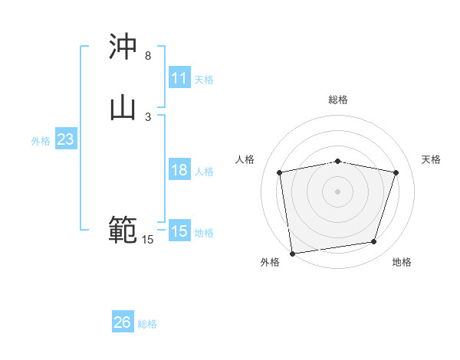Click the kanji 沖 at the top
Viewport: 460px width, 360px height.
(123, 47)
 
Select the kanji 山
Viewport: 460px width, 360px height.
(123, 107)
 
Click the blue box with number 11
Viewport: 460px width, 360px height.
(179, 78)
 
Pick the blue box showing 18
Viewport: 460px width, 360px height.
(179, 170)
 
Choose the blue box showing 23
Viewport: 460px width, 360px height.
(65, 139)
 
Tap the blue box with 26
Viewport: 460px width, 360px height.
(123, 322)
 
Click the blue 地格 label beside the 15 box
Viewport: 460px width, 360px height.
(204, 233)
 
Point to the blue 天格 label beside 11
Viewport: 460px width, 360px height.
(204, 80)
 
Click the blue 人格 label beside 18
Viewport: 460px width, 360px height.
(204, 172)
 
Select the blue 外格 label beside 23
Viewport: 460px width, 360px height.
(41, 141)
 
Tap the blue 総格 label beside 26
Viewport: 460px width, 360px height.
(147, 324)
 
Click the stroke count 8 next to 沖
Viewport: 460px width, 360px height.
(148, 56)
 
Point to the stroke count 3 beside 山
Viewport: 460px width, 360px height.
(148, 116)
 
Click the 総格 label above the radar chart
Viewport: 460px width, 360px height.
(338, 100)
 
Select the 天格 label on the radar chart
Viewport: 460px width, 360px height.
(431, 159)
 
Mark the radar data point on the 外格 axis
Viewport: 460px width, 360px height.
(292, 253)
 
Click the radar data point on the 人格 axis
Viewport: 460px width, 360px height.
(280, 172)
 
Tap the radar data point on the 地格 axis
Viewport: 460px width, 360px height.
(374, 242)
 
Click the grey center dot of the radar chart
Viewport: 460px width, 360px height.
(338, 191)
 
